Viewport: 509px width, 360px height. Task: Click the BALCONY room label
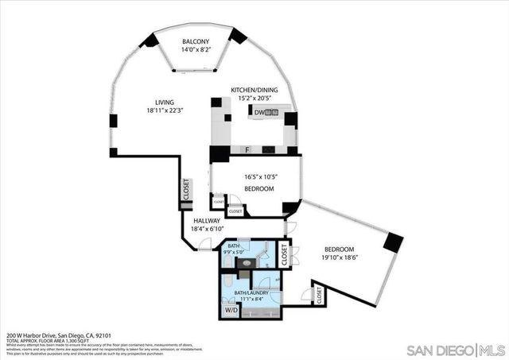click(196, 41)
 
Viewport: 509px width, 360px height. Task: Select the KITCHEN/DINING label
click(254, 91)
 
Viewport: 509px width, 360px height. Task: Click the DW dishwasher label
click(259, 113)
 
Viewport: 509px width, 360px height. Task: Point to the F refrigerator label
click(247, 149)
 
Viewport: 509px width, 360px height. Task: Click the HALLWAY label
click(206, 220)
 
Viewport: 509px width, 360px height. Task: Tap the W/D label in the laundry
click(231, 310)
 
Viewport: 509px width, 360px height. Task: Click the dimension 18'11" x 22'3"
click(164, 111)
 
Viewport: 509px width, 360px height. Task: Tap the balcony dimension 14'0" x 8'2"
click(196, 50)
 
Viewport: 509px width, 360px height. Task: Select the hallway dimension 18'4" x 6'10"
click(206, 229)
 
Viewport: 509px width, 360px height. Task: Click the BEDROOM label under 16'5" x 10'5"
click(258, 188)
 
